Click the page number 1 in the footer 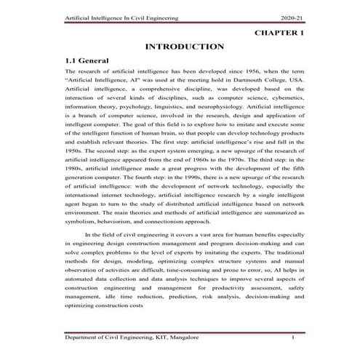pos(292,338)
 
